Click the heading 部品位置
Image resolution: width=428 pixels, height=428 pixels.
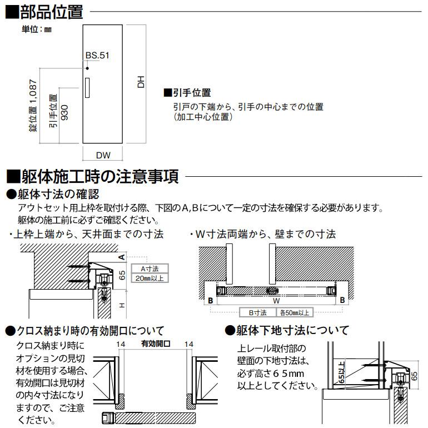pos(48,11)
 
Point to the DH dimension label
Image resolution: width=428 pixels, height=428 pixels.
pos(142,82)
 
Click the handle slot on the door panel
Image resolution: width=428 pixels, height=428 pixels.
pos(88,88)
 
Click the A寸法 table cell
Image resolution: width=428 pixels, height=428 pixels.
pos(147,268)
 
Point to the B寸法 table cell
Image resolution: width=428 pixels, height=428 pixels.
pos(257,312)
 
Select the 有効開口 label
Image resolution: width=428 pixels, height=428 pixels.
pos(156,345)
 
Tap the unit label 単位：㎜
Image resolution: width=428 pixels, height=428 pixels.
pos(37,29)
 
